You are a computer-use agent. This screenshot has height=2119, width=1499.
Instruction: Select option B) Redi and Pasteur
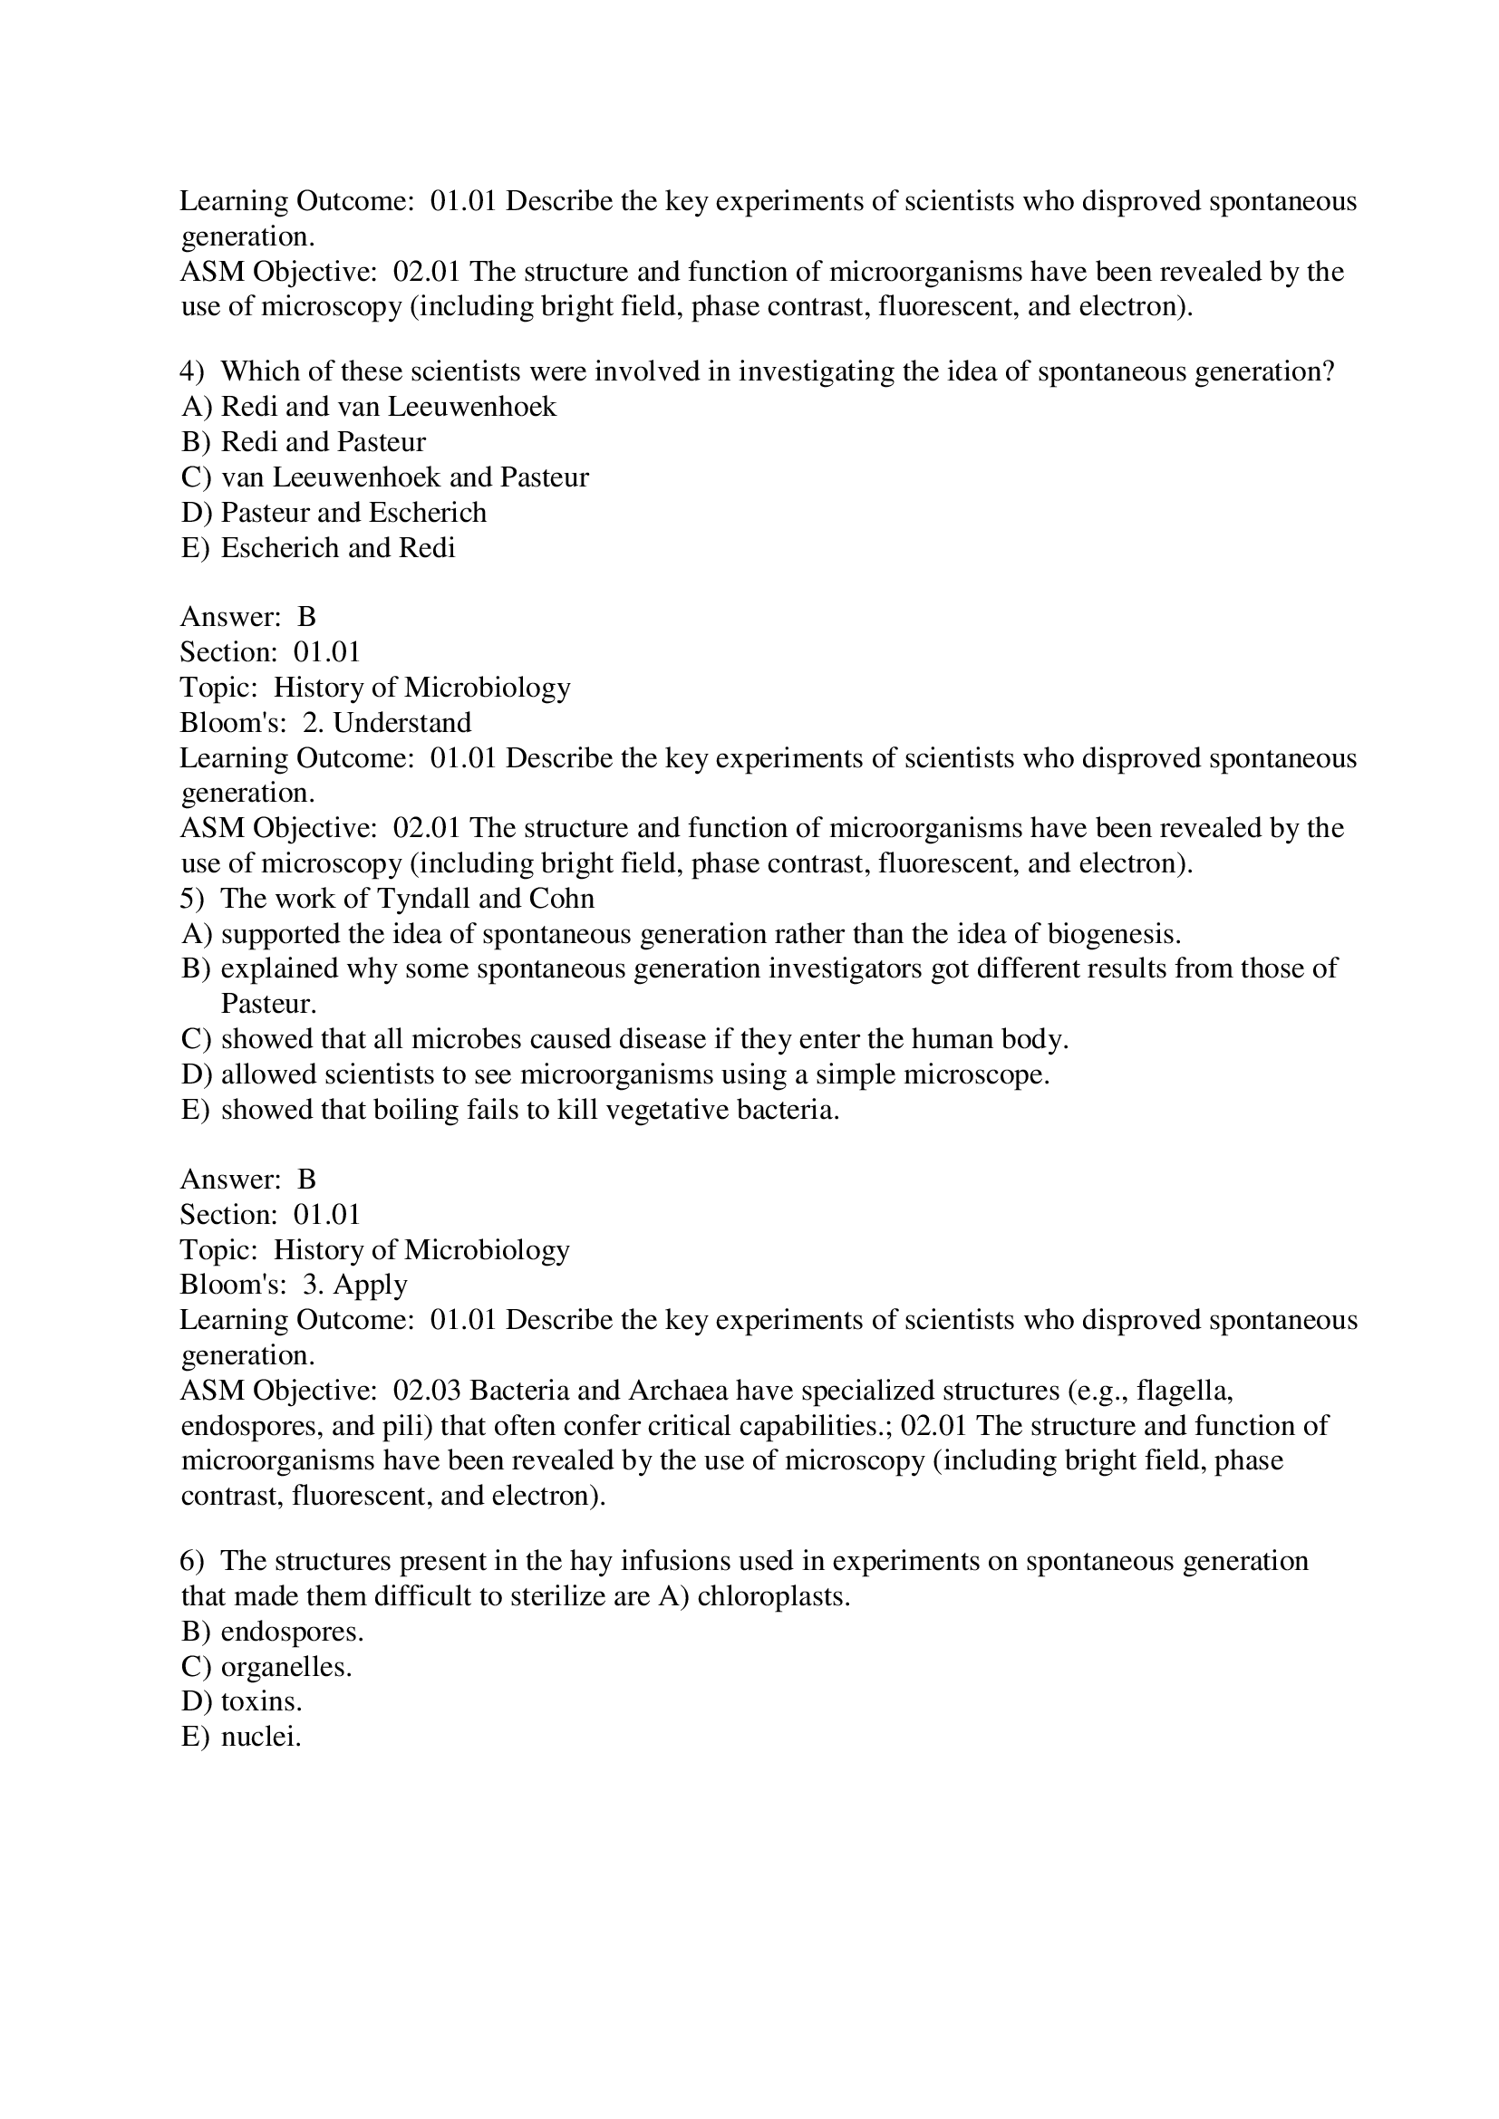tap(304, 442)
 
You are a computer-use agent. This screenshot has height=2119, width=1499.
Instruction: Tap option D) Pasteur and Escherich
tap(334, 512)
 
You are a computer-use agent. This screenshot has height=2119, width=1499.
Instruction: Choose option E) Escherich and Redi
tap(318, 548)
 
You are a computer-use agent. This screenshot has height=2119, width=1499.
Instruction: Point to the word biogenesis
tap(1111, 934)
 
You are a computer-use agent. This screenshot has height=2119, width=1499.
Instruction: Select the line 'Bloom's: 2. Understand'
tap(325, 723)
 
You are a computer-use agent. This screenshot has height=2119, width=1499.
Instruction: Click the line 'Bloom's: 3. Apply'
tap(294, 1285)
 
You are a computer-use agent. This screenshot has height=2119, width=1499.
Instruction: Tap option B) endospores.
tap(272, 1632)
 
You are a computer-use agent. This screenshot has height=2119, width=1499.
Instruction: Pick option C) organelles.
tap(266, 1667)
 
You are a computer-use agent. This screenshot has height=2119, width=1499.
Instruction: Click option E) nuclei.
tap(241, 1737)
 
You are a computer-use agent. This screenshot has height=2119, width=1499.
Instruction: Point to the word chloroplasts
tap(772, 1595)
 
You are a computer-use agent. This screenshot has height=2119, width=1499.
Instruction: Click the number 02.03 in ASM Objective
tap(427, 1390)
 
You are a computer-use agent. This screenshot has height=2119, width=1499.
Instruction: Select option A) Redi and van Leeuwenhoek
tap(369, 407)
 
